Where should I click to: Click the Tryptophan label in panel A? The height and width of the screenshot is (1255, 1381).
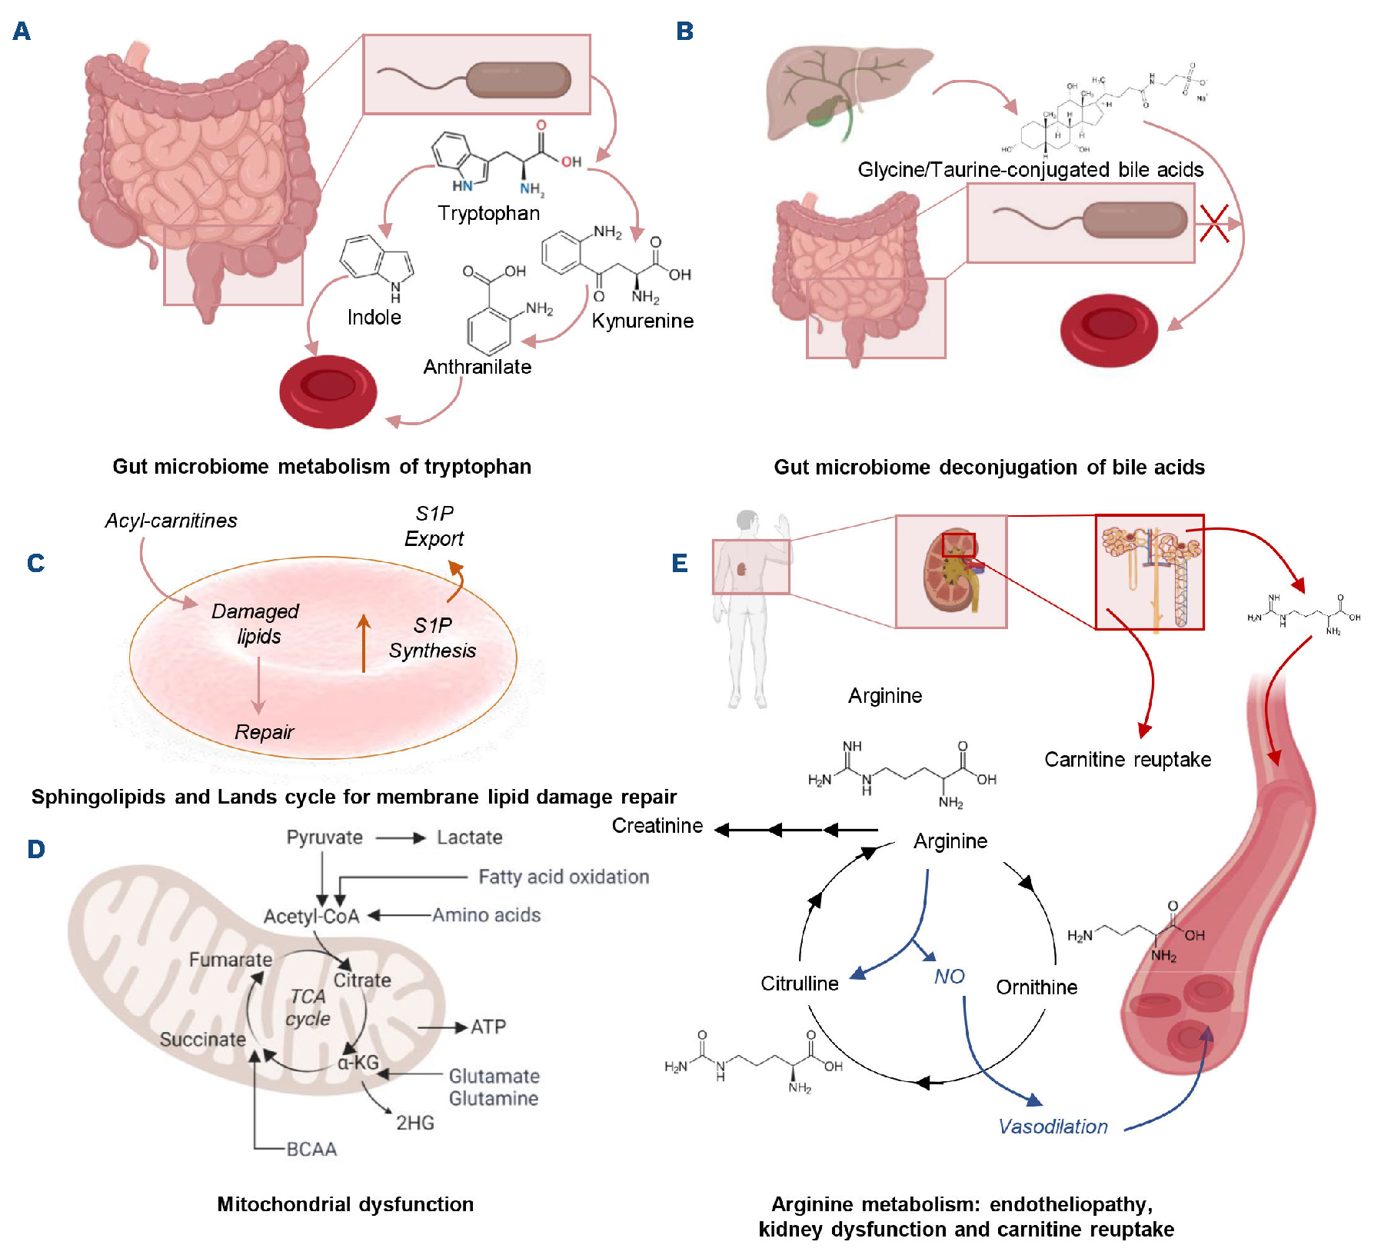coord(488,213)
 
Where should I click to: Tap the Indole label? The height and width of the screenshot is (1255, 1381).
coord(374,317)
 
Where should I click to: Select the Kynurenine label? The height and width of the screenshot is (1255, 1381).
coord(642,321)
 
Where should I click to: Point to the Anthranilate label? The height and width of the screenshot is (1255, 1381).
coord(477,367)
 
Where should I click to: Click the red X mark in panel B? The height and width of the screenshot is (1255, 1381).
coord(1214,224)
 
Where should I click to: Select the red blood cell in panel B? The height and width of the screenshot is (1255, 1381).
coord(1109,330)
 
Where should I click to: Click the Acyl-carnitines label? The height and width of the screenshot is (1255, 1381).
coord(171,521)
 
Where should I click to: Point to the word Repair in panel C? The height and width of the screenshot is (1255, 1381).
coord(264,732)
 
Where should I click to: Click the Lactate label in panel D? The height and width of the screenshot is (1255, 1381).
coord(469,837)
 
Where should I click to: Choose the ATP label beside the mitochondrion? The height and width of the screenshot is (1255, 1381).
coord(488,1027)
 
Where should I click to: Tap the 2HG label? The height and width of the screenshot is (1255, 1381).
coord(415,1123)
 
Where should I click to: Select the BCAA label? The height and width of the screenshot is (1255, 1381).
coord(311,1149)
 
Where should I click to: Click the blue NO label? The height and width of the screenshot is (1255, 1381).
coord(949,977)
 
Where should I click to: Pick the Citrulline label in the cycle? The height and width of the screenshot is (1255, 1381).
coord(799,984)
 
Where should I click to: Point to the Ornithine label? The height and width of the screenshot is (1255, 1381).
coord(1037,987)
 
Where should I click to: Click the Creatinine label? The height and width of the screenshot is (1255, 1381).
coord(657,826)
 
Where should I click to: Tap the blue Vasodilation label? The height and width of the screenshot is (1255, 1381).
coord(1053,1127)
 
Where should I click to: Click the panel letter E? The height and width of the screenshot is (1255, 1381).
coord(680,563)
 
